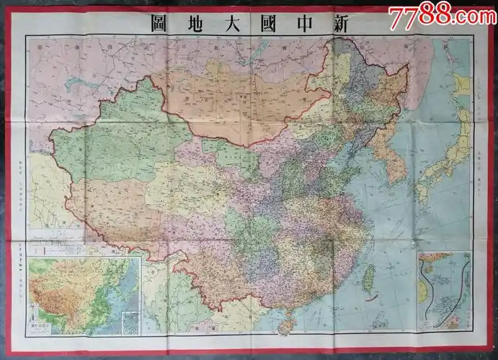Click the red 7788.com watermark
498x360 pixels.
[442, 14]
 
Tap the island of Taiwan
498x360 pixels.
[368, 279]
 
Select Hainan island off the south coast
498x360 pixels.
[287, 326]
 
